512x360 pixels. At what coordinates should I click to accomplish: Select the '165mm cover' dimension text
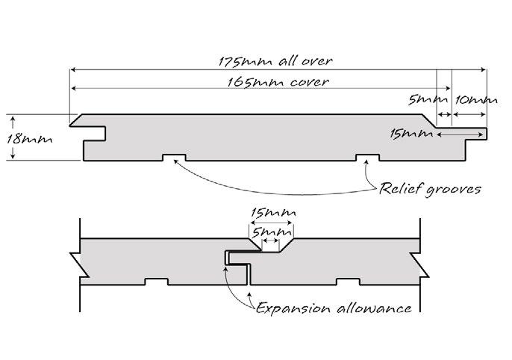277,81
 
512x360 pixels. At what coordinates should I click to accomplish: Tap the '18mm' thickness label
25,138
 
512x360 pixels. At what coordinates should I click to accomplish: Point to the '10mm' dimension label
475,99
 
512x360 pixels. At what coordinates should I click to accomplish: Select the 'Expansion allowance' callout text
334,307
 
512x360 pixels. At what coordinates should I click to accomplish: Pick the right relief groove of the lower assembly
347,282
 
